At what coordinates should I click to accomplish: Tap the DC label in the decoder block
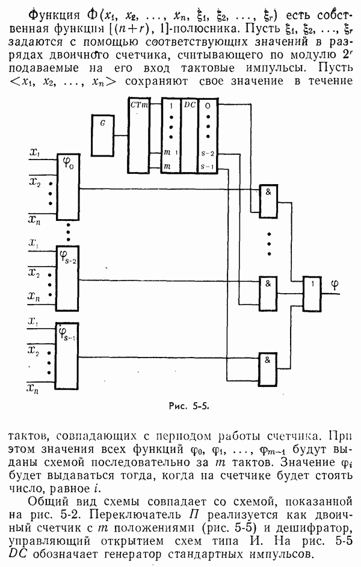pyautogui.click(x=189, y=105)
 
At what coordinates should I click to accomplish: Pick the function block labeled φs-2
pyautogui.click(x=67, y=277)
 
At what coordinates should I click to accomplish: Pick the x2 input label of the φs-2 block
pyautogui.click(x=35, y=274)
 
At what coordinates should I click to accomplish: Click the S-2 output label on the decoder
pyautogui.click(x=207, y=155)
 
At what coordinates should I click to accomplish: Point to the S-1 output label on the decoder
pyautogui.click(x=207, y=166)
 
